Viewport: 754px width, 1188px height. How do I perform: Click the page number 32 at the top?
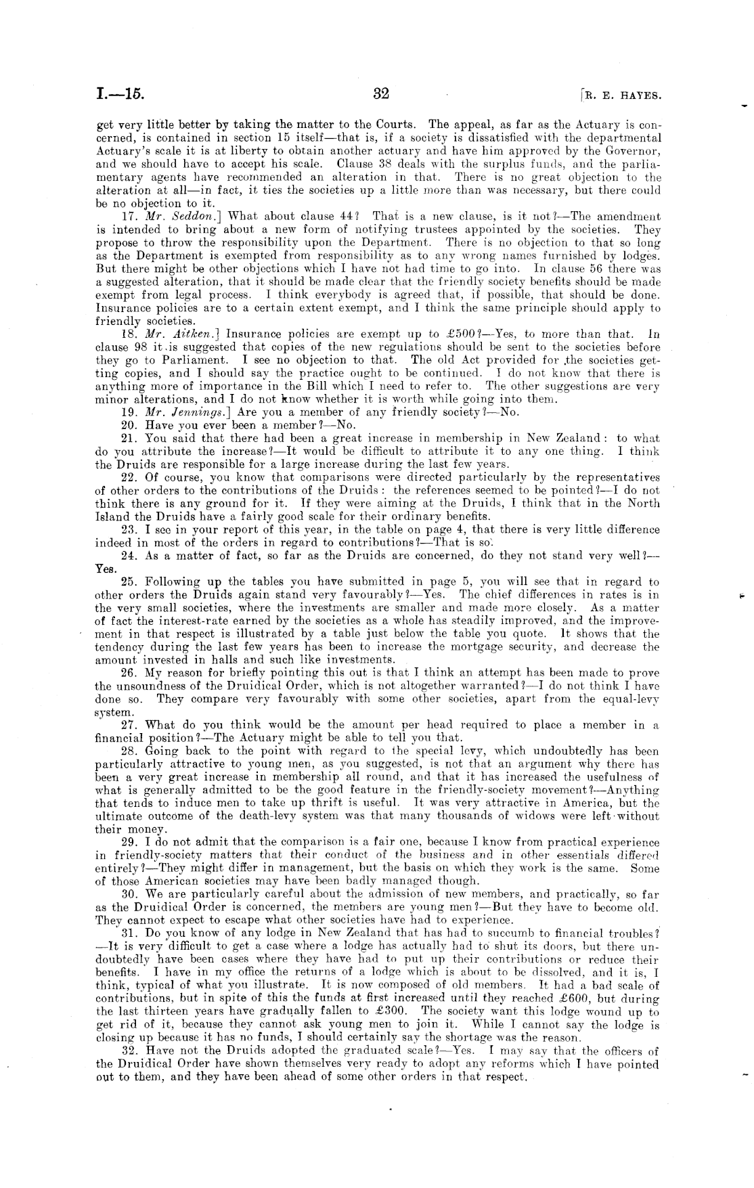coord(381,93)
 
